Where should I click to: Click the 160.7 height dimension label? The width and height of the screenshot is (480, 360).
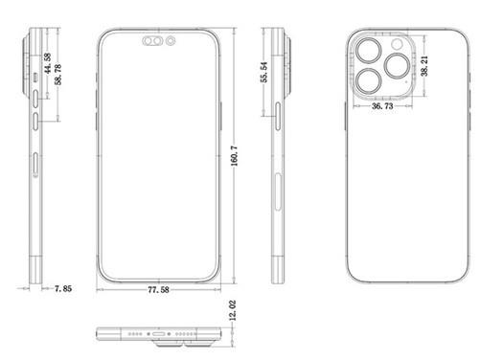click(x=235, y=156)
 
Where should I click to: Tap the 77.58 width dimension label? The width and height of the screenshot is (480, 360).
click(x=158, y=290)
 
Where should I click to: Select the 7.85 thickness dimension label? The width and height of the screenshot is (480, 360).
click(x=63, y=288)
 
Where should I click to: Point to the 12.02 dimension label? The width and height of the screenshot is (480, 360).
click(x=233, y=310)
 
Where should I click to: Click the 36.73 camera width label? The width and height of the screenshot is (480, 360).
click(x=382, y=105)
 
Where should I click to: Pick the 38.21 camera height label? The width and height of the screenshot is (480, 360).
click(x=424, y=66)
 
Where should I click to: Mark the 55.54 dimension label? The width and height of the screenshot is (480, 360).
click(x=264, y=72)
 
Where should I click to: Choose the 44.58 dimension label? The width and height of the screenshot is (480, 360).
click(x=48, y=63)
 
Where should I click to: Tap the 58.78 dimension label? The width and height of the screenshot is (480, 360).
click(x=57, y=75)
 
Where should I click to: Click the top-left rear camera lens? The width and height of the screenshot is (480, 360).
click(x=369, y=51)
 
